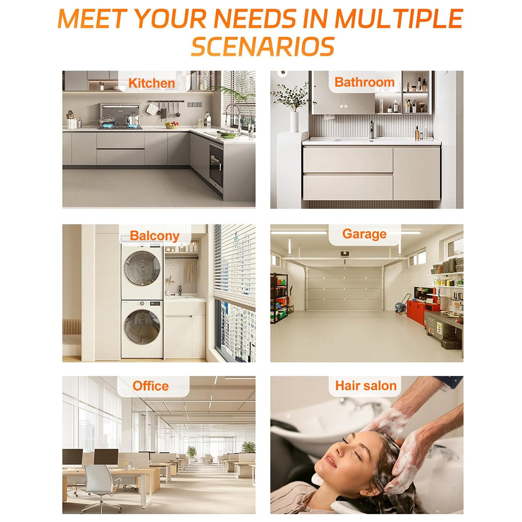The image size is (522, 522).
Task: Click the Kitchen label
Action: (151, 83)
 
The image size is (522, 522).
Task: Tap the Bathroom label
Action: (364, 82)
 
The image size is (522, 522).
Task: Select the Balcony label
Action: (155, 236)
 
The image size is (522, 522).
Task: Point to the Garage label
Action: (364, 234)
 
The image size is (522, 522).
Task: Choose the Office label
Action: (150, 386)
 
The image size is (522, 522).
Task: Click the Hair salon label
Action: (366, 386)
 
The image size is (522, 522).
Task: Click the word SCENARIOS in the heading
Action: (263, 46)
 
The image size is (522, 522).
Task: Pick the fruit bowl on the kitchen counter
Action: (172, 125)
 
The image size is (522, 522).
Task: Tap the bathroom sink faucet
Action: (372, 130)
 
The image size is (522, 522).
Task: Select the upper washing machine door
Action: (142, 268)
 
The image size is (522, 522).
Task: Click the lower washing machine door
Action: (142, 327)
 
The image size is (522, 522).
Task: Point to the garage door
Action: (344, 288)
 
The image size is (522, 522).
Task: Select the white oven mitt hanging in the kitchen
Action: (151, 109)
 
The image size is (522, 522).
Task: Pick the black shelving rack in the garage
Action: (279, 298)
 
